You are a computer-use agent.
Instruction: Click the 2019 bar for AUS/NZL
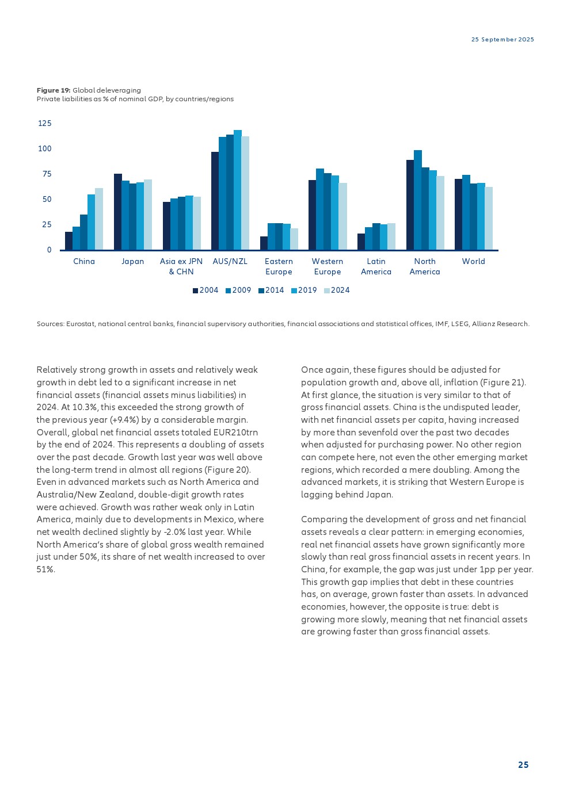[x=238, y=190]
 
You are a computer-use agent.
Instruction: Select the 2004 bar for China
[x=69, y=240]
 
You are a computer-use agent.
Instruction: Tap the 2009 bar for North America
[x=418, y=200]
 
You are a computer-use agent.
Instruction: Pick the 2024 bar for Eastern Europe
[x=294, y=239]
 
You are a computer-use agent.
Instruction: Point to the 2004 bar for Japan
[x=118, y=212]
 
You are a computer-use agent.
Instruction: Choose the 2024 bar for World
[x=489, y=218]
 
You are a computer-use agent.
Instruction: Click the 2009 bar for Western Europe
[x=320, y=209]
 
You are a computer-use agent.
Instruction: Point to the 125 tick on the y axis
[x=45, y=124]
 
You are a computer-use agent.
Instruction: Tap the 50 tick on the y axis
[x=47, y=200]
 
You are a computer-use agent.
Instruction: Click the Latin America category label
[x=376, y=267]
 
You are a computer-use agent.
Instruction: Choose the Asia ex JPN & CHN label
[x=181, y=267]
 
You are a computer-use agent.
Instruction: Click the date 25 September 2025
[x=503, y=40]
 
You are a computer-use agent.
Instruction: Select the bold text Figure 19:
[x=54, y=90]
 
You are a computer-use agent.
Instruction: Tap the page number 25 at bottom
[x=523, y=765]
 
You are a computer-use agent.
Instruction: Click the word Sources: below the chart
[x=50, y=324]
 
